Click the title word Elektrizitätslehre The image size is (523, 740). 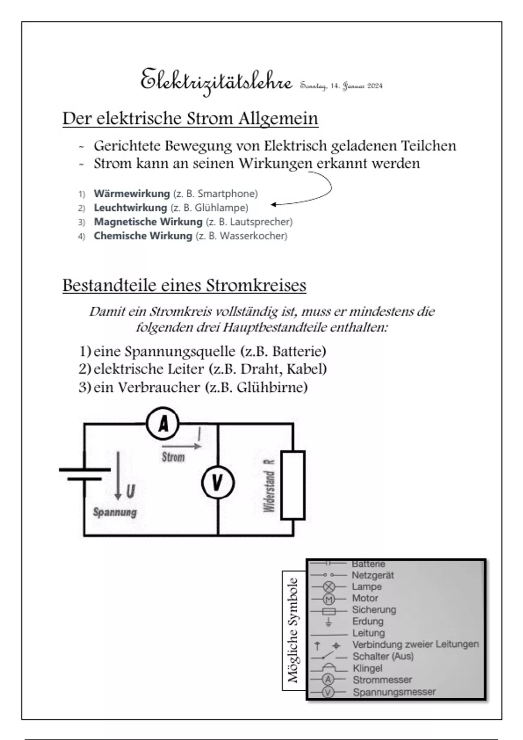(x=216, y=81)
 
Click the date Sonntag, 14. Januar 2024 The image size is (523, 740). (x=341, y=86)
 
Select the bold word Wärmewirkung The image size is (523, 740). (x=132, y=193)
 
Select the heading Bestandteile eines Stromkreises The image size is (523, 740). (x=184, y=285)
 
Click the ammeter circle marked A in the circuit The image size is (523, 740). (x=163, y=423)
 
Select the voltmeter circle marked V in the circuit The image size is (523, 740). (x=217, y=482)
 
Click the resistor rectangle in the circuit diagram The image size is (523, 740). (x=292, y=485)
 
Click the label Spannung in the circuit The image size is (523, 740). (x=115, y=512)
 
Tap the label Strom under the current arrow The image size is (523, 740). (x=173, y=457)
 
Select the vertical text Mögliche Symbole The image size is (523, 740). (x=292, y=630)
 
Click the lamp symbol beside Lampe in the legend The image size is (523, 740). (x=329, y=587)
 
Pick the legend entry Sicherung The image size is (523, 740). (x=374, y=609)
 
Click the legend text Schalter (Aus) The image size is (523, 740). (x=383, y=656)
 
